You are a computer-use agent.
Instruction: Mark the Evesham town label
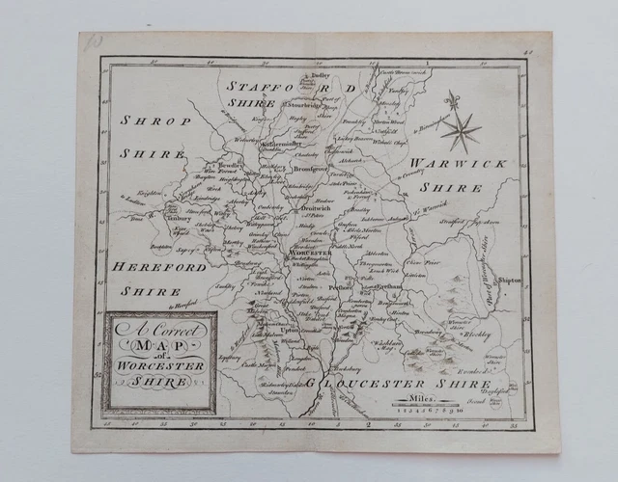pos(388,287)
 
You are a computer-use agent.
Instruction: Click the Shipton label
pos(511,281)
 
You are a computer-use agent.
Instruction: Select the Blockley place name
pos(478,335)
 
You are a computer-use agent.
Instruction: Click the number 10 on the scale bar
pos(461,409)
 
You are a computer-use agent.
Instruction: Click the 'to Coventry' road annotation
pos(384,176)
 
